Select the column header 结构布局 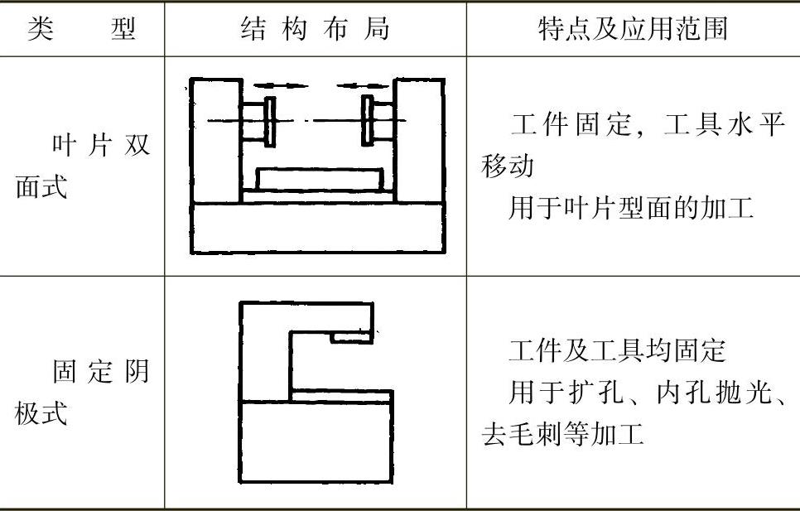tap(314, 30)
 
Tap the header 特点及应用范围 tap(633, 30)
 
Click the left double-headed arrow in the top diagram tap(281, 85)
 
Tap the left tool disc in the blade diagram tap(270, 121)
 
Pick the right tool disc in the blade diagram tap(367, 121)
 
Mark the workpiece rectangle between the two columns tap(319, 179)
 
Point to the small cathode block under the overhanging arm tap(351, 337)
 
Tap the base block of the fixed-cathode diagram tap(316, 442)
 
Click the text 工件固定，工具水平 tap(645, 127)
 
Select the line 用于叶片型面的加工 tap(630, 209)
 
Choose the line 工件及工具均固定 tap(617, 351)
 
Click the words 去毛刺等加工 tap(562, 433)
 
